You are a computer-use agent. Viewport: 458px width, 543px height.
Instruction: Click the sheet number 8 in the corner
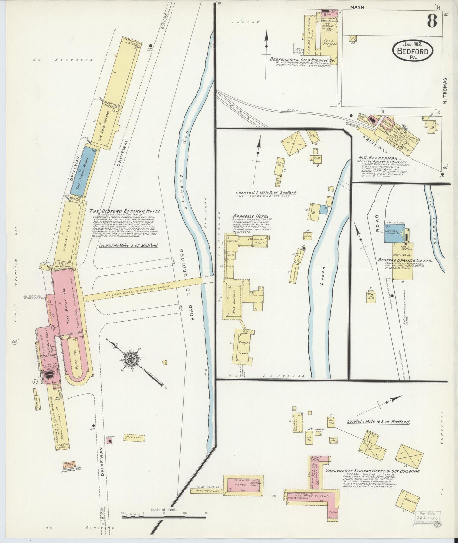(432, 21)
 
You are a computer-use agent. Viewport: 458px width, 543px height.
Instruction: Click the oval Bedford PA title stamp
(413, 51)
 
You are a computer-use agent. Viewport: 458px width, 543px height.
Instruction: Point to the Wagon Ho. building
(407, 501)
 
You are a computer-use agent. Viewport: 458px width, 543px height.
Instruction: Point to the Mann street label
(357, 7)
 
